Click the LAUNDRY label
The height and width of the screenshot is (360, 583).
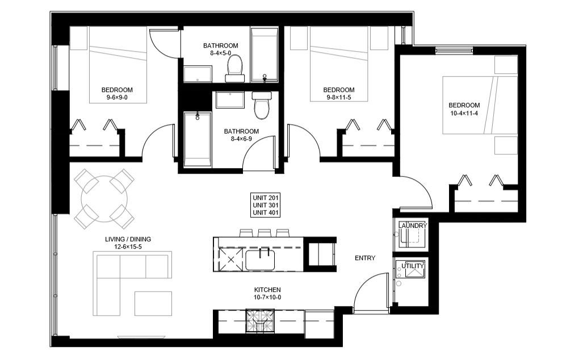tap(412, 226)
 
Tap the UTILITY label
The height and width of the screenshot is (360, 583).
tap(412, 266)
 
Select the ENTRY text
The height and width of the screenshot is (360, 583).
tap(365, 258)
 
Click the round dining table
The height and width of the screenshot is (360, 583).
tap(104, 199)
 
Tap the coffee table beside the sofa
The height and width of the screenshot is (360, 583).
tap(153, 303)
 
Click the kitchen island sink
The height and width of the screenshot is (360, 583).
tap(260, 260)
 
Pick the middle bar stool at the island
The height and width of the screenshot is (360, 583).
tap(263, 233)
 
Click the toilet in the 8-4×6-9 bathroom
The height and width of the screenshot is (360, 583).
tap(262, 106)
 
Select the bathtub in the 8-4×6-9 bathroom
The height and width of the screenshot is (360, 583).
tap(198, 138)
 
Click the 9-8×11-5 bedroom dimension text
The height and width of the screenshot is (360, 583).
tap(338, 98)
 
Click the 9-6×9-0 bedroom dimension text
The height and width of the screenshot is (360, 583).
tap(117, 98)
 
